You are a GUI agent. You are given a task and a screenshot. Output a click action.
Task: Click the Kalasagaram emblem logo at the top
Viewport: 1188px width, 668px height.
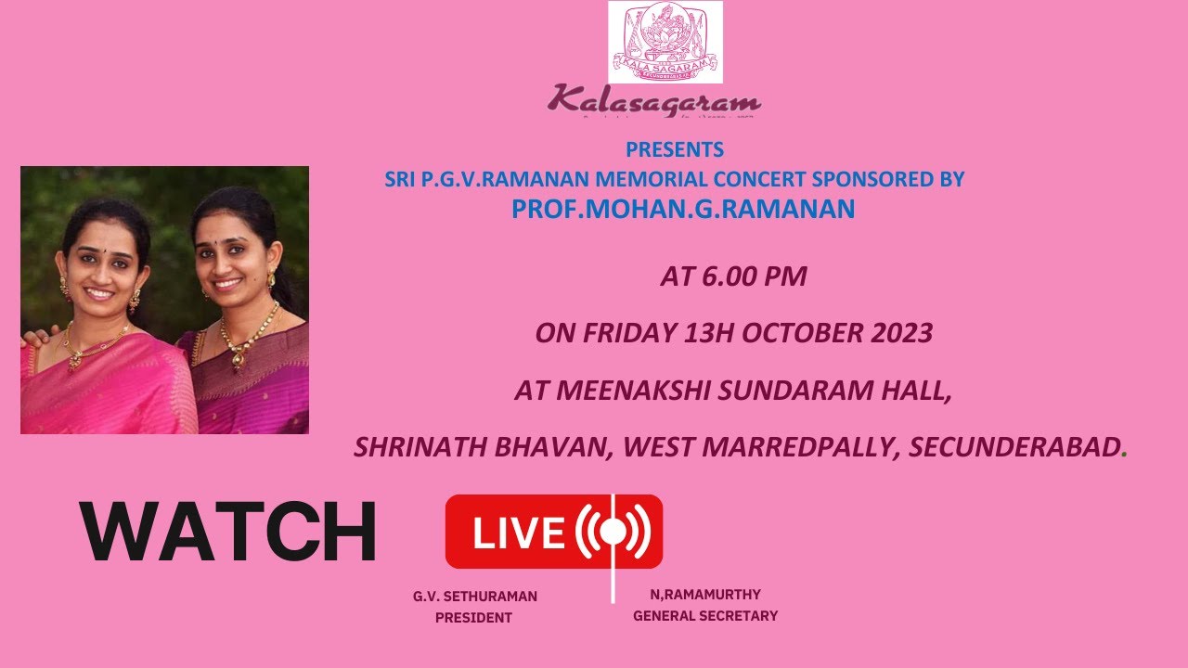tap(665, 42)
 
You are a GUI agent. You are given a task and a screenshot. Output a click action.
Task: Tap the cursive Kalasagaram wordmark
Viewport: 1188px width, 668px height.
tap(653, 100)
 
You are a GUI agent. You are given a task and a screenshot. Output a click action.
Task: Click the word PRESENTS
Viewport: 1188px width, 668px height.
tap(675, 149)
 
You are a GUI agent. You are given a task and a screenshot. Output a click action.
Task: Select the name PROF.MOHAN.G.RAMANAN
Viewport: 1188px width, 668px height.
tap(682, 210)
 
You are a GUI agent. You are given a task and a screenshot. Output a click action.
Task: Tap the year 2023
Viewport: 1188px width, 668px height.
tap(900, 334)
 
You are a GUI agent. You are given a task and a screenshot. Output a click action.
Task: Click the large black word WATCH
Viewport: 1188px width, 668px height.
tap(227, 532)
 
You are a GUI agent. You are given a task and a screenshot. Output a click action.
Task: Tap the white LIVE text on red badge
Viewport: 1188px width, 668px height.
tap(519, 533)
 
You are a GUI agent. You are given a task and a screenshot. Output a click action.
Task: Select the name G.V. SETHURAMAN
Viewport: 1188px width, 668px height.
tap(475, 597)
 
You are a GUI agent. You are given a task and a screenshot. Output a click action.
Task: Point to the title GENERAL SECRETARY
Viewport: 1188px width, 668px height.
tap(705, 616)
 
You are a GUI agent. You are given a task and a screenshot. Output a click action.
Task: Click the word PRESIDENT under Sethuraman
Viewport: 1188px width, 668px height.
tap(473, 618)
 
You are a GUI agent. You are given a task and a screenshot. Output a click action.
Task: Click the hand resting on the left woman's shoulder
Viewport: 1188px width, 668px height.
tap(32, 336)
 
